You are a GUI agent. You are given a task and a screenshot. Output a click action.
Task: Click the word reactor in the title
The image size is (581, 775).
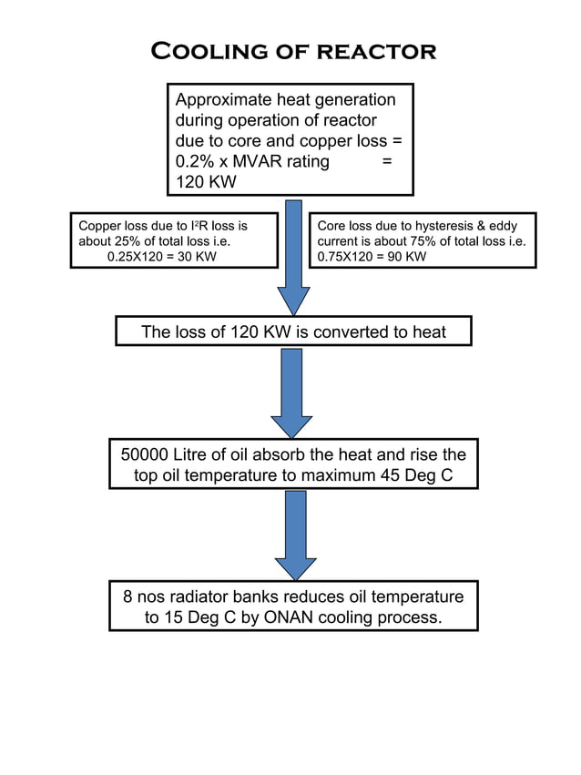[376, 51]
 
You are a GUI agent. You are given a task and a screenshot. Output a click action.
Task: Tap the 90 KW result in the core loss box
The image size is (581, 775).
[407, 256]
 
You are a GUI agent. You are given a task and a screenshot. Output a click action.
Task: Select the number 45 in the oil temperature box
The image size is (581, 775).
[392, 474]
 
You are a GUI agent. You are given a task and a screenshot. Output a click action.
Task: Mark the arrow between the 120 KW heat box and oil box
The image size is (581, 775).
[291, 393]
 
